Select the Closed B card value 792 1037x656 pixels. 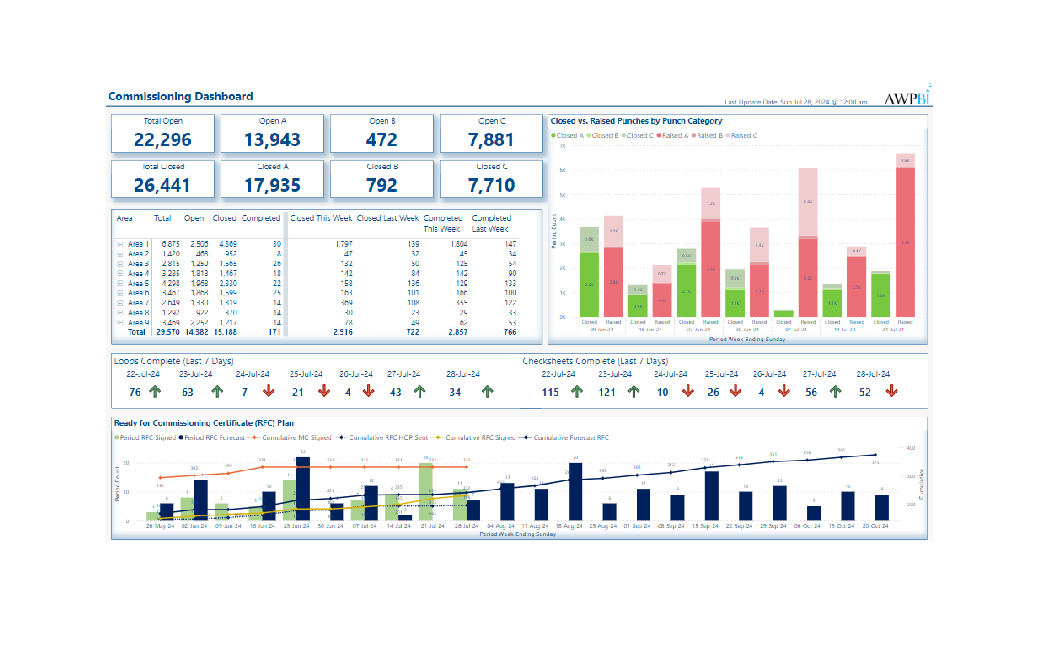coord(381,185)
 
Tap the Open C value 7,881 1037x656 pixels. coord(491,139)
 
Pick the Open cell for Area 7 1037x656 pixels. coord(199,303)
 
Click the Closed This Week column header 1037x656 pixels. coord(321,218)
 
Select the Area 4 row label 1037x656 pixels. coord(138,273)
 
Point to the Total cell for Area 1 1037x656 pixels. coord(170,244)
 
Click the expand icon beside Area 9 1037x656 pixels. coord(120,323)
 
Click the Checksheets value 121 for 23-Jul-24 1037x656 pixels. coord(606,392)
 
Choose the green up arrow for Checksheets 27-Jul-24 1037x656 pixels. coord(836,391)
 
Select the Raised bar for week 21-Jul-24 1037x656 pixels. coord(905,241)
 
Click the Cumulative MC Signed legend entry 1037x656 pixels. coord(293,438)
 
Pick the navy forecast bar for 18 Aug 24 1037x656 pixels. coord(575,491)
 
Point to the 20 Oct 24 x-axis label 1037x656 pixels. coord(875,526)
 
